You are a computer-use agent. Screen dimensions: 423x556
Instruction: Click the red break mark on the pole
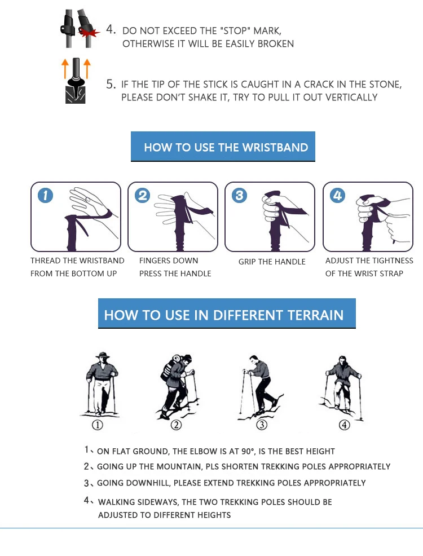coord(89,33)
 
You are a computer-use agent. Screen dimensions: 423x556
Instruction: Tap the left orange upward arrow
coord(65,68)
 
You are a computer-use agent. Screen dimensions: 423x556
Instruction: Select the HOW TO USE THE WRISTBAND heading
coord(226,148)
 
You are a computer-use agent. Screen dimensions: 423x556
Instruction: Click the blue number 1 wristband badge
coord(45,195)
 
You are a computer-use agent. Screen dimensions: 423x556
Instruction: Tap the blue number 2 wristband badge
coord(143,195)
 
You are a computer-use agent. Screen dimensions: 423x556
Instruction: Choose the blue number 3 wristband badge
coord(239,195)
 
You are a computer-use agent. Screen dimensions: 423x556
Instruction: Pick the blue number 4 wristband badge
coord(337,195)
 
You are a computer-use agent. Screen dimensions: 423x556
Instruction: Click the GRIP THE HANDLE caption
coord(272,262)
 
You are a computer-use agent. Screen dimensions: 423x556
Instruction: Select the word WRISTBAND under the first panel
coord(104,261)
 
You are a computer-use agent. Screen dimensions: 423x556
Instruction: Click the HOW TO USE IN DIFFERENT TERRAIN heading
coord(224,315)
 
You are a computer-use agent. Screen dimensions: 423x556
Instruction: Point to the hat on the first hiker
coord(103,355)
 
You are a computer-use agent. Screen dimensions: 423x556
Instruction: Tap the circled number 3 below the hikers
coord(262,425)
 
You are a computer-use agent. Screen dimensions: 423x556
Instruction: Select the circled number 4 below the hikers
coord(344,425)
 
